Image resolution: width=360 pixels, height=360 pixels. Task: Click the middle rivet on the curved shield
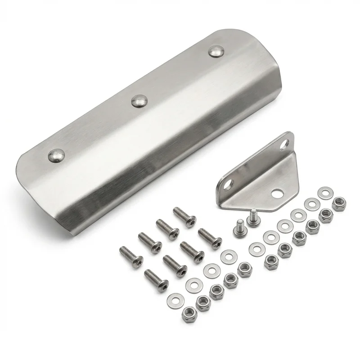pos(139,100)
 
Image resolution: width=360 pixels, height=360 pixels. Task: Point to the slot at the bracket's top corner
pos(283,144)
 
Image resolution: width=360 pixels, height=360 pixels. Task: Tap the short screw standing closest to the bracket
pos(253,219)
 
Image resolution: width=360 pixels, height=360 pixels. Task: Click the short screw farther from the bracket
pos(238,227)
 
